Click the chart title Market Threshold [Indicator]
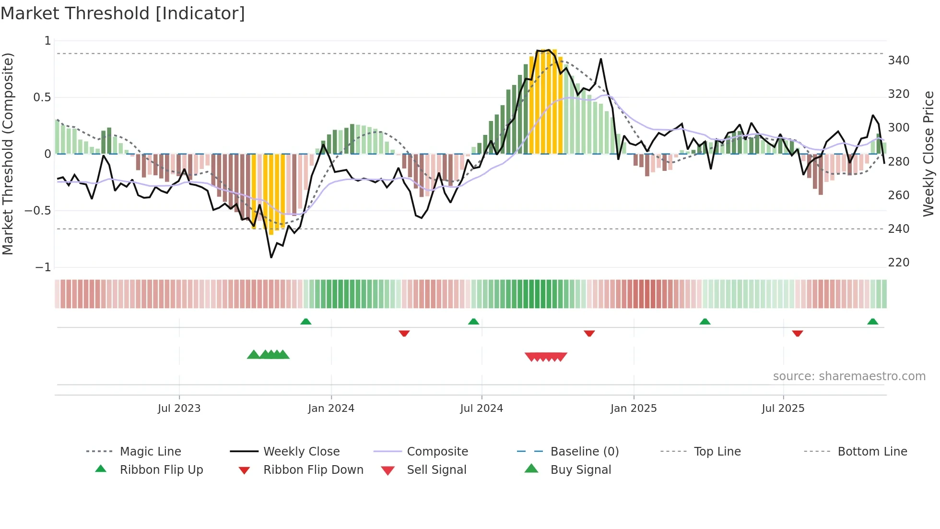[x=123, y=13]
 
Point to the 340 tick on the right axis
[x=898, y=60]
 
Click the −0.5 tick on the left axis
[x=38, y=211]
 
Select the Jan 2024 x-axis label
[x=331, y=409]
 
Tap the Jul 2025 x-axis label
[x=783, y=409]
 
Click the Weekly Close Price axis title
[x=928, y=154]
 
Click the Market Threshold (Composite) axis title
[x=8, y=154]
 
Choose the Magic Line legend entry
[x=150, y=452]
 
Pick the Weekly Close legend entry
[x=301, y=452]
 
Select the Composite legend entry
[x=437, y=452]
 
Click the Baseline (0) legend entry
[x=584, y=452]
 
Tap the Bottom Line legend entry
[x=872, y=452]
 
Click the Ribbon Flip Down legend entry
[x=313, y=470]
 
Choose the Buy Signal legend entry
[x=580, y=470]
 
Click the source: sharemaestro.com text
[x=849, y=376]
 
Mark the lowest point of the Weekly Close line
[x=271, y=258]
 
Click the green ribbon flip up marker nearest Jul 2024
[x=474, y=322]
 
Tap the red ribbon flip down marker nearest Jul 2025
[x=798, y=333]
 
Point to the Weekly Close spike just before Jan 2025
[x=601, y=59]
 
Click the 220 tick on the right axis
[x=898, y=263]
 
